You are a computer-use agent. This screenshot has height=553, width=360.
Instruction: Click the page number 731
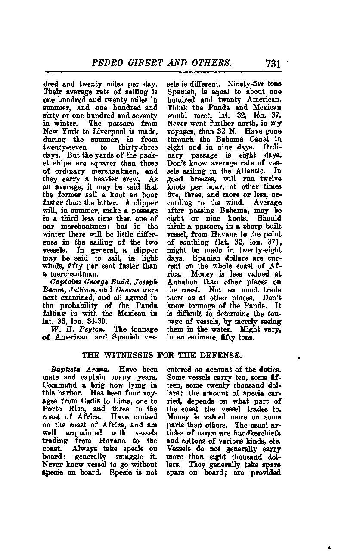coord(273,63)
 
